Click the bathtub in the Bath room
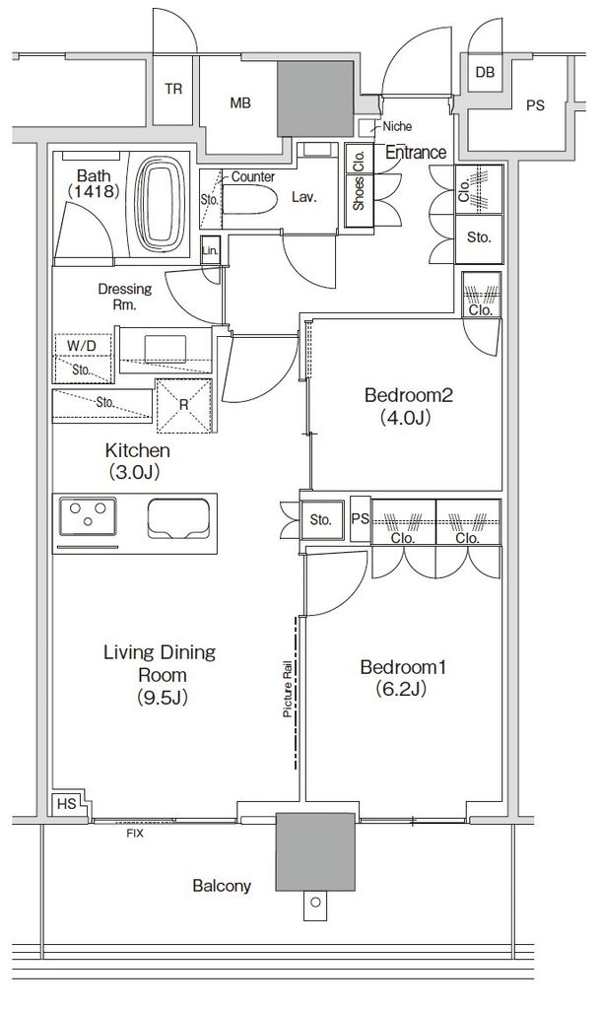click(x=161, y=205)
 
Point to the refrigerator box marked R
click(x=184, y=405)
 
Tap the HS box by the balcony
click(x=66, y=804)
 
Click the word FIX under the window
click(x=135, y=834)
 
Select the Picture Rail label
click(x=288, y=690)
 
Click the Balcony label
click(x=222, y=886)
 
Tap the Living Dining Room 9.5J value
click(x=163, y=698)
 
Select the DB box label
click(x=485, y=73)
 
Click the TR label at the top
click(x=173, y=89)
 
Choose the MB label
click(x=239, y=102)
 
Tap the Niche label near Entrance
click(x=397, y=127)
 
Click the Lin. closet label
click(x=210, y=250)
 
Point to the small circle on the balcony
click(x=315, y=903)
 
